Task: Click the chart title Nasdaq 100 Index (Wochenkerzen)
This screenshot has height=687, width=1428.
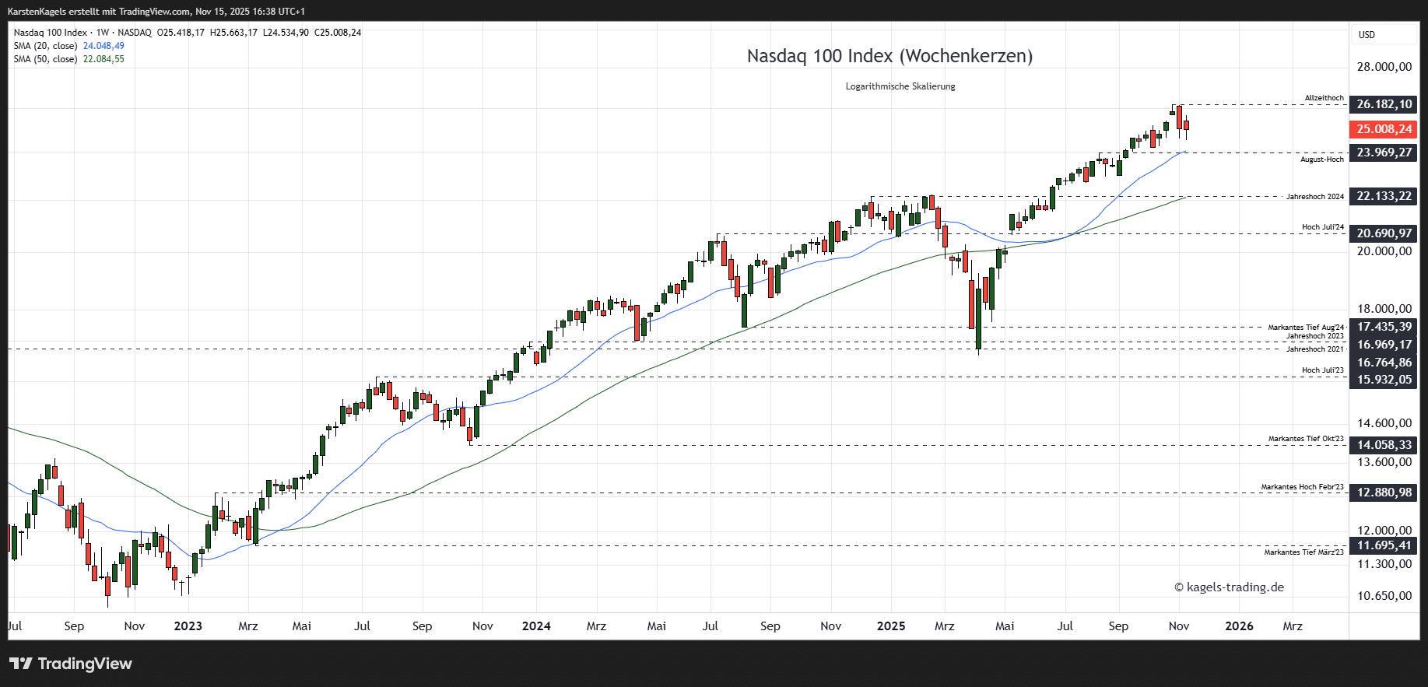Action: tap(889, 56)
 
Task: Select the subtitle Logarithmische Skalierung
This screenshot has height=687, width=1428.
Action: tap(900, 86)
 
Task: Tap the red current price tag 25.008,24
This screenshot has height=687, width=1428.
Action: tap(1384, 129)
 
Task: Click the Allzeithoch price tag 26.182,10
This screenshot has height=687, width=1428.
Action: tap(1384, 104)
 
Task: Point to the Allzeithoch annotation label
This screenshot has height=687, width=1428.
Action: tap(1324, 98)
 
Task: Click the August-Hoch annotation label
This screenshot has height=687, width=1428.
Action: tap(1321, 159)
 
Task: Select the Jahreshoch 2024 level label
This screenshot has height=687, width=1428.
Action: tap(1314, 197)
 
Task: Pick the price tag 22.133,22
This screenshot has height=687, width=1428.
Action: tap(1384, 196)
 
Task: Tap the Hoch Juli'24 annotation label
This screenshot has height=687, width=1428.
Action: tap(1322, 227)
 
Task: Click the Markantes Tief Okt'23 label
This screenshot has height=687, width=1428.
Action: tap(1305, 439)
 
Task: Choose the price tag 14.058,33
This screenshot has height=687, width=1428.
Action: tap(1384, 445)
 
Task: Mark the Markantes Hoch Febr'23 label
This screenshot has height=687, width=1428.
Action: tap(1302, 487)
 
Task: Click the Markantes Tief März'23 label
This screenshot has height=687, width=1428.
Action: tap(1303, 552)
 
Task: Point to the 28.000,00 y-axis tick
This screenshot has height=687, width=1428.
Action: tap(1384, 67)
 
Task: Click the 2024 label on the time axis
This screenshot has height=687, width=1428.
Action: tap(536, 626)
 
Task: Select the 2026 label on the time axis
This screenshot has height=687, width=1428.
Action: tap(1239, 626)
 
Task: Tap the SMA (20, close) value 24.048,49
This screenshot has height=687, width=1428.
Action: tap(104, 46)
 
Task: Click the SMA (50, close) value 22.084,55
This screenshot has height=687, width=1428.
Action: tap(104, 59)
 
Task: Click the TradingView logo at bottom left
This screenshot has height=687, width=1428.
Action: tap(71, 664)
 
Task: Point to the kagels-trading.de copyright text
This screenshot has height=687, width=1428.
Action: tap(1229, 587)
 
